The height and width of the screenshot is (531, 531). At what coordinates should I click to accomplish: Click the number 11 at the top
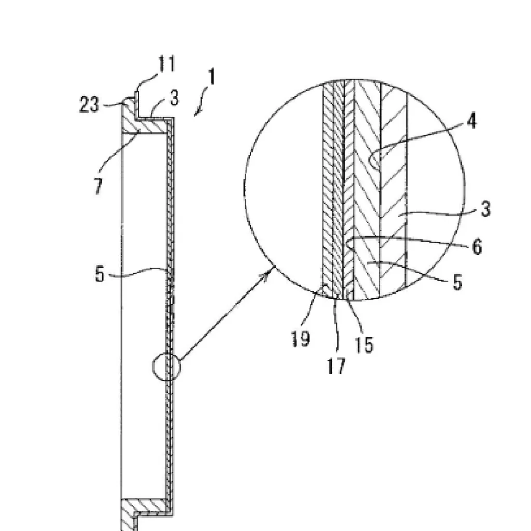166,64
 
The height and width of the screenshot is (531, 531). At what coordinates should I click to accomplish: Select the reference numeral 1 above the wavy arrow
212,77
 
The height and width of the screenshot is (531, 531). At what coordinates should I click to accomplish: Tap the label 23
89,104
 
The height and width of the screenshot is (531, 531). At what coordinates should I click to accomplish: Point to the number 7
98,186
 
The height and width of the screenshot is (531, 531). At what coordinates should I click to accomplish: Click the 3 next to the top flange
174,98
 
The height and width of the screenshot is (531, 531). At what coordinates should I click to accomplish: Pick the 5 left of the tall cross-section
100,274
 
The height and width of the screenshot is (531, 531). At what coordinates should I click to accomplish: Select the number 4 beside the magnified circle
472,120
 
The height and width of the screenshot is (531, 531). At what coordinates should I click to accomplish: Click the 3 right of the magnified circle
485,208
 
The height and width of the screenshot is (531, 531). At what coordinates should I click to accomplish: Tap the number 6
477,246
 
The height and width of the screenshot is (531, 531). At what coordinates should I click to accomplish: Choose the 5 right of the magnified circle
457,282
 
